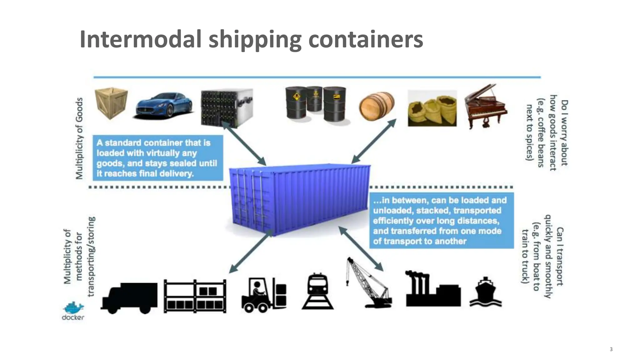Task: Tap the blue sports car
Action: [164, 105]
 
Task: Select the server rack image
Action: [227, 107]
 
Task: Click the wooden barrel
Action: [376, 106]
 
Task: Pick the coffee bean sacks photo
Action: [432, 109]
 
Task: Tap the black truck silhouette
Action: [129, 297]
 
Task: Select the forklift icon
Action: [264, 295]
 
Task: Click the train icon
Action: [317, 291]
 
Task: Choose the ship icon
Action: [485, 292]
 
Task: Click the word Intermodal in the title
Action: [140, 39]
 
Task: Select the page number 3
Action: [611, 349]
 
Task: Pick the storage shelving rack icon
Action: [195, 296]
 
